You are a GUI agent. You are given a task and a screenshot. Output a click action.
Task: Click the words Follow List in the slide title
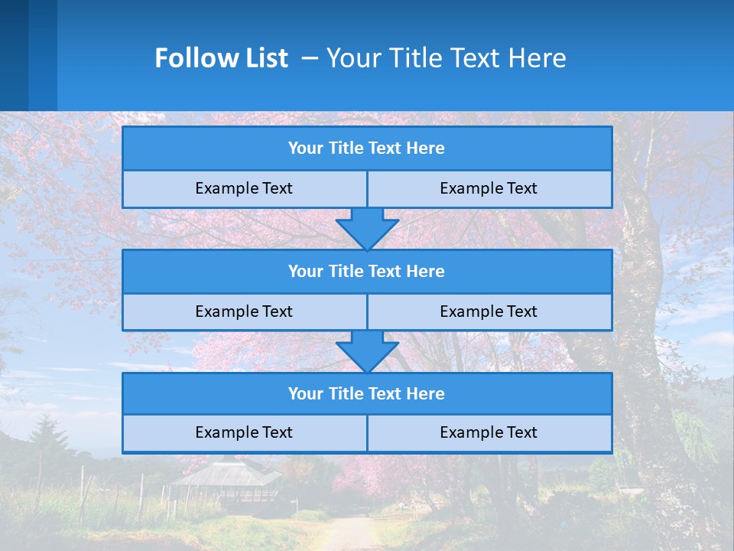tap(221, 58)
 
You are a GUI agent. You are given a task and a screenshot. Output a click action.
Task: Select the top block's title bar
tap(366, 148)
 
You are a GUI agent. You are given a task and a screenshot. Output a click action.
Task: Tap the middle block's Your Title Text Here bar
tap(366, 271)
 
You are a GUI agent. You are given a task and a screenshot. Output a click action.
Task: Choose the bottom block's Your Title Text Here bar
tap(366, 393)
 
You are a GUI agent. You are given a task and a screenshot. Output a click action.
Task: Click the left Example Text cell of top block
tap(244, 188)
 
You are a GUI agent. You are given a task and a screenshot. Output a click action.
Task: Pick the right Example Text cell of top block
tap(489, 188)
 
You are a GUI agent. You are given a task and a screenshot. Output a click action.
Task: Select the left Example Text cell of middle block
tap(244, 311)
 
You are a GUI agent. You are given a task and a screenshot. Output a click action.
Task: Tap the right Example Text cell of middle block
tap(489, 311)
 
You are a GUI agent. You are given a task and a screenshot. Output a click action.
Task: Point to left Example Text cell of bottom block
tap(244, 432)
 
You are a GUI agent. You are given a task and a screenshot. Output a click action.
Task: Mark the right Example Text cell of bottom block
tap(489, 432)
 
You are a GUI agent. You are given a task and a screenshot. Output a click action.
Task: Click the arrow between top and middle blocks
tap(367, 228)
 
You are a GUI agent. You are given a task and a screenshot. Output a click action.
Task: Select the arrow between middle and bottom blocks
tap(367, 351)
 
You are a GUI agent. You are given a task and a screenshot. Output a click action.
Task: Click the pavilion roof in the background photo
tap(226, 474)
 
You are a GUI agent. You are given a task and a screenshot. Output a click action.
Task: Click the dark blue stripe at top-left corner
tap(14, 54)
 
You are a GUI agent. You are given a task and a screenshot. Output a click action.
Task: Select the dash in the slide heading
tap(310, 58)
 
